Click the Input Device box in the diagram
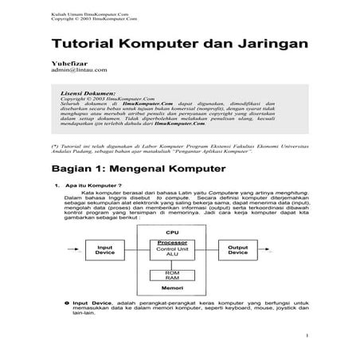pos(105,249)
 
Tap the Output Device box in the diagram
pos(237,249)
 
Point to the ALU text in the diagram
pos(171,256)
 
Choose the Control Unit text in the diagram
pos(171,249)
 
